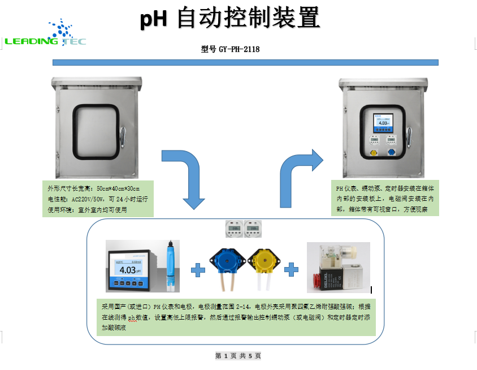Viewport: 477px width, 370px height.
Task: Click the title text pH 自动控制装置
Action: coord(231,19)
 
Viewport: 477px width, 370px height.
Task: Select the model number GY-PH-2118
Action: coord(230,49)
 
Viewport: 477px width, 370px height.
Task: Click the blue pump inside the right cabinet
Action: coord(392,153)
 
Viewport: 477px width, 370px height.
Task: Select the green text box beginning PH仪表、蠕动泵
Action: coord(385,199)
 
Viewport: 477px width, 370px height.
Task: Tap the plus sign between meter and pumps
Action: coord(198,270)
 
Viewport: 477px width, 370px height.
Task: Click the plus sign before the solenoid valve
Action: coord(291,269)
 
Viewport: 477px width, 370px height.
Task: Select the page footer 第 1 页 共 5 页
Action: coord(238,356)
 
